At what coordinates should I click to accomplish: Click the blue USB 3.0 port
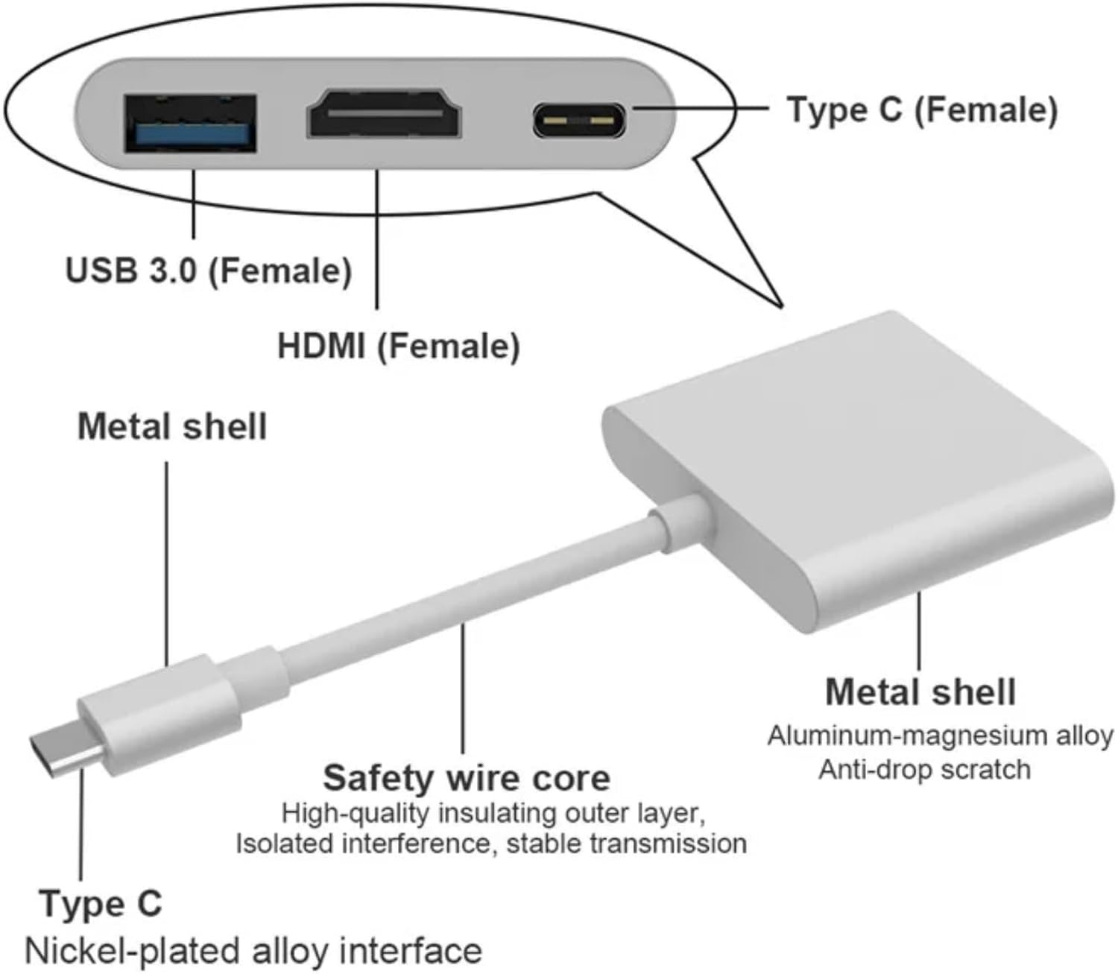(x=190, y=124)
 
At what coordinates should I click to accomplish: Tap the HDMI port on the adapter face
(x=385, y=113)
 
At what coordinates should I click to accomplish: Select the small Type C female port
(x=579, y=121)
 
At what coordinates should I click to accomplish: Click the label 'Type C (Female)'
(x=922, y=110)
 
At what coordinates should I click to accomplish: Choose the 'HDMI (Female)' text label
(x=399, y=346)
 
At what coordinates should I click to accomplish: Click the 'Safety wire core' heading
(x=467, y=778)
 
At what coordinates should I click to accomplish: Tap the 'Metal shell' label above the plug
(x=172, y=426)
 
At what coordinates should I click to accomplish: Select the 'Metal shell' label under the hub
(x=920, y=692)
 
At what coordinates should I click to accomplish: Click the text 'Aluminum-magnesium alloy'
(x=941, y=736)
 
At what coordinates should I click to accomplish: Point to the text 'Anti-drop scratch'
(x=924, y=769)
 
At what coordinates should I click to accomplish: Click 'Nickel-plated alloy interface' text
(x=253, y=951)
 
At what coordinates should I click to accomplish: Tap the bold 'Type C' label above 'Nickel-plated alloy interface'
(x=101, y=903)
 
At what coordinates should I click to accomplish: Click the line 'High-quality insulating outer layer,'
(x=493, y=813)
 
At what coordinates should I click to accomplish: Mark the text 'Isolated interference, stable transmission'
(x=491, y=844)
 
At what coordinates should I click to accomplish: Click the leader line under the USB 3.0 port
(x=194, y=203)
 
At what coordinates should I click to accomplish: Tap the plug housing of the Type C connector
(x=159, y=715)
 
